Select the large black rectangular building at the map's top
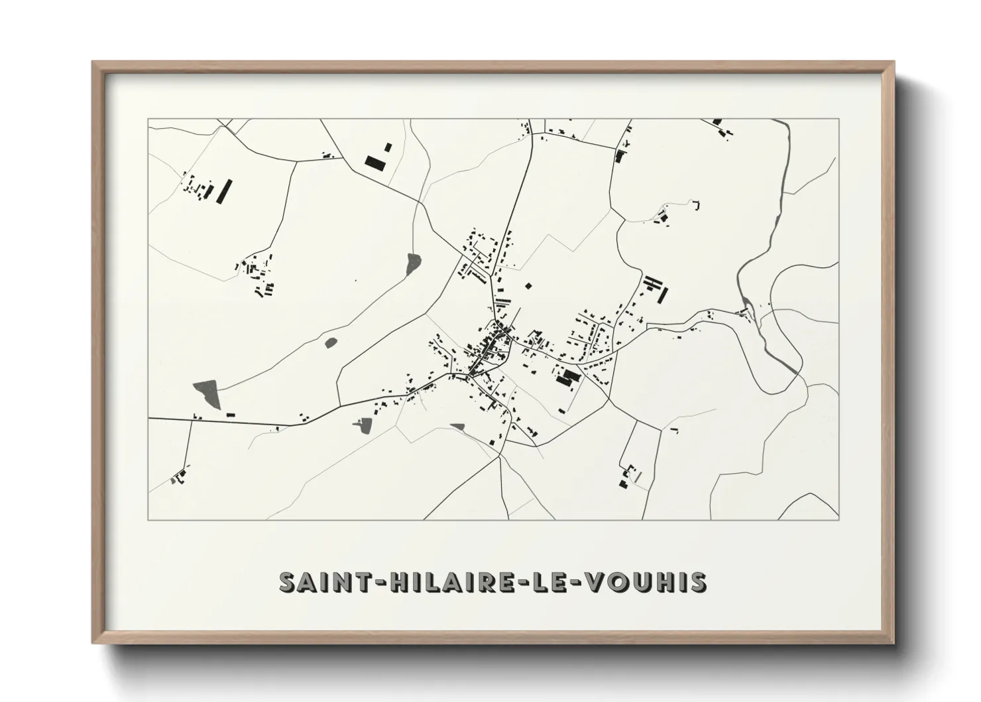(375, 163)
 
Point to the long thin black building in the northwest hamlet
(225, 190)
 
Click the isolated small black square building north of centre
(528, 287)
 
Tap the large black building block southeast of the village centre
(567, 377)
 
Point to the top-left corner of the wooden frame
(93, 63)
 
